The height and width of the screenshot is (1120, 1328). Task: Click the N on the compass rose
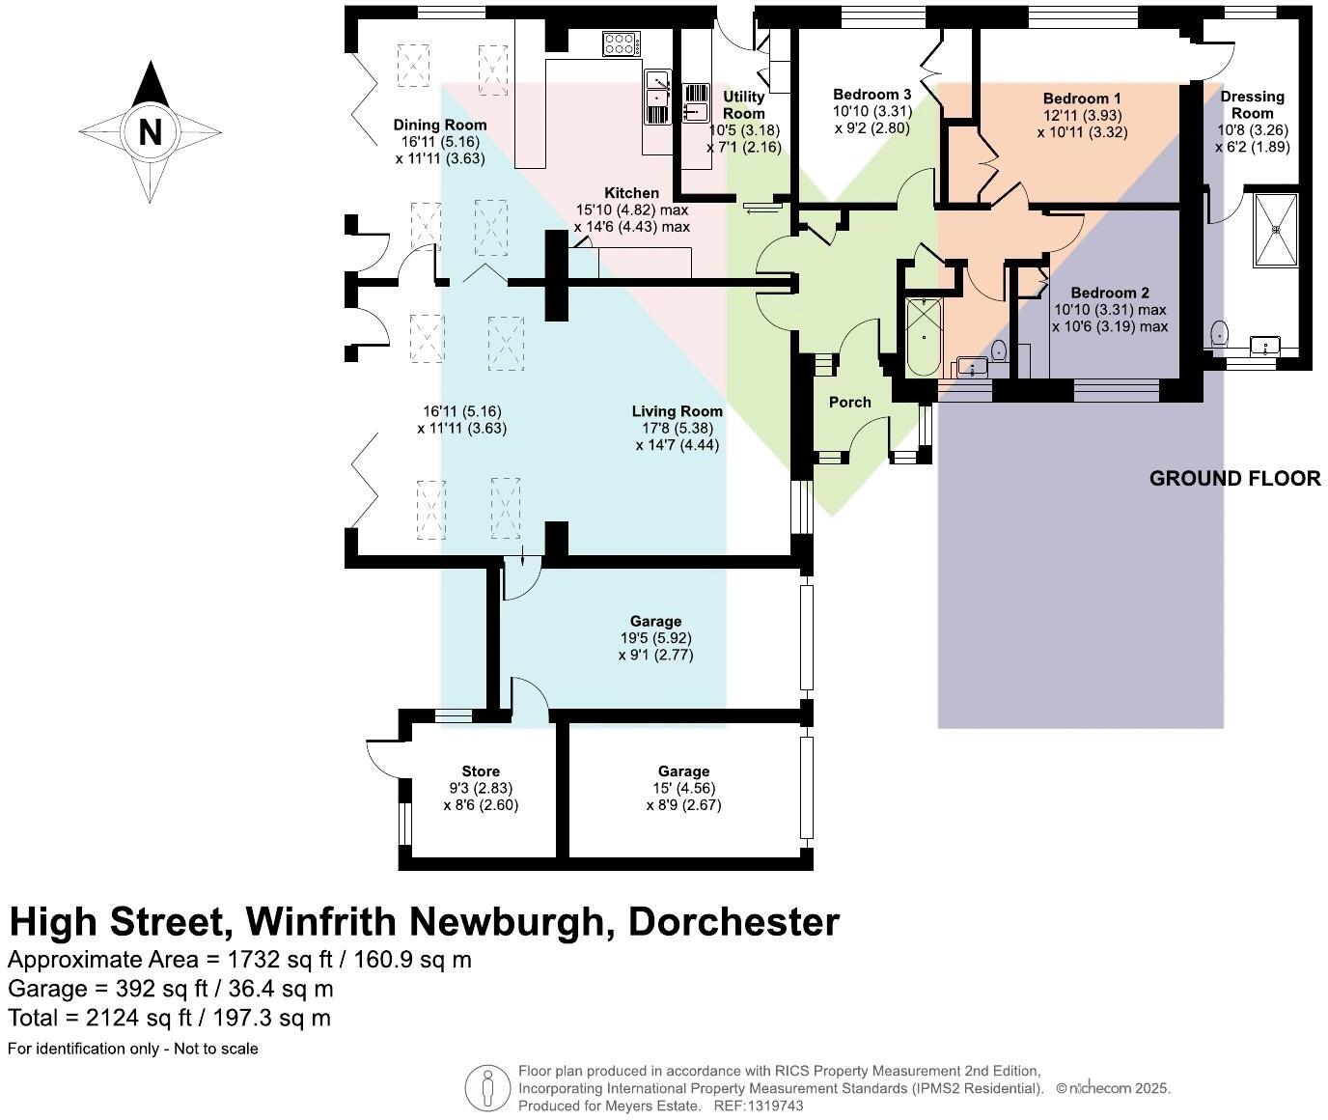pos(150,131)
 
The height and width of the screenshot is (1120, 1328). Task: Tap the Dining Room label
pos(439,125)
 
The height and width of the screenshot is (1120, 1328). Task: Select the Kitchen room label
pos(631,193)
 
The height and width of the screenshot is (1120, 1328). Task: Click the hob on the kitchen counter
pos(621,43)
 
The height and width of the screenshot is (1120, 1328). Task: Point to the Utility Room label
pos(743,104)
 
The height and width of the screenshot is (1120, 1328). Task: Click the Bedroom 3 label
pos(871,95)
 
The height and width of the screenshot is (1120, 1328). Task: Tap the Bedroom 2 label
pos(1109,293)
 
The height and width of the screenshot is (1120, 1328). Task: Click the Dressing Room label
pos(1252,104)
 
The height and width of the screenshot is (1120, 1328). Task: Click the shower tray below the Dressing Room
pos(1275,230)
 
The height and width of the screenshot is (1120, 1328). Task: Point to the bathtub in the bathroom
pos(924,336)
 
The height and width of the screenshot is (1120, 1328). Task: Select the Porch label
pos(849,402)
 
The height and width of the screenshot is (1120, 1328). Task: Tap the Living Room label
pos(677,411)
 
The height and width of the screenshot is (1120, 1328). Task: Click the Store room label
pos(481,770)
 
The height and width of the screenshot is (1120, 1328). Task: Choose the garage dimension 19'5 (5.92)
pos(655,638)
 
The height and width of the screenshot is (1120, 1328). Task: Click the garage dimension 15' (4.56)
pos(683,788)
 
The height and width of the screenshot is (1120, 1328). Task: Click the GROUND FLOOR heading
pos(1234,478)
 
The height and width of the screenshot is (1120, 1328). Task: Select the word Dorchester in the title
pos(733,922)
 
